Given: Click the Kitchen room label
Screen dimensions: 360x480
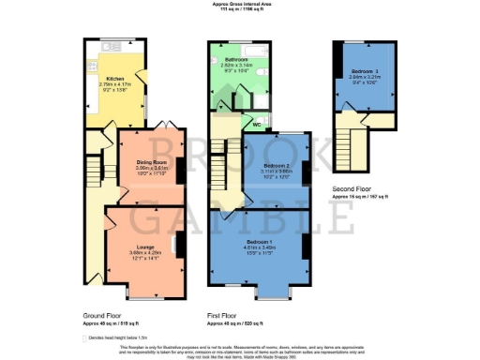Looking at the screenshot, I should pos(114,79).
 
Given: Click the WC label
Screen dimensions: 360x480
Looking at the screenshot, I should pos(255,124).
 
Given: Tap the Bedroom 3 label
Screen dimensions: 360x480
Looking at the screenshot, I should pos(364,70).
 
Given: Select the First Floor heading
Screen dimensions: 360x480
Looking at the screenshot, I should pos(222,317).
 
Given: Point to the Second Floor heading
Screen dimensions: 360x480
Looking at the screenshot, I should pos(353,188).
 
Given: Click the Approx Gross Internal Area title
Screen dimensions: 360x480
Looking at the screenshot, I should pos(240,4).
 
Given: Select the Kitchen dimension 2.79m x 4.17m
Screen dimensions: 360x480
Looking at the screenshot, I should pos(114,84).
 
